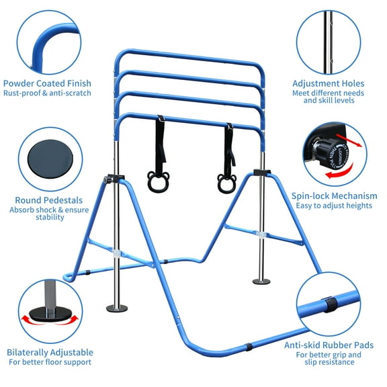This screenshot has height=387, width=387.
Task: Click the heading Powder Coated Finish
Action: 48,84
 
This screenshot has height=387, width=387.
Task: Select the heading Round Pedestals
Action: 49,200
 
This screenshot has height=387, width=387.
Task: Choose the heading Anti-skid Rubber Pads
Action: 333,345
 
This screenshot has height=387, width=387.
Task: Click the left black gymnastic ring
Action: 159,179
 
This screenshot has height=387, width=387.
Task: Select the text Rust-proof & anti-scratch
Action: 48,93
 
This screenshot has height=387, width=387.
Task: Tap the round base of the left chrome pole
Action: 117,308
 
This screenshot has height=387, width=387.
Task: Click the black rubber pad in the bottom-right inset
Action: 329,304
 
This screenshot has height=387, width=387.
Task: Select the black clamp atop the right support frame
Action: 261,173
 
